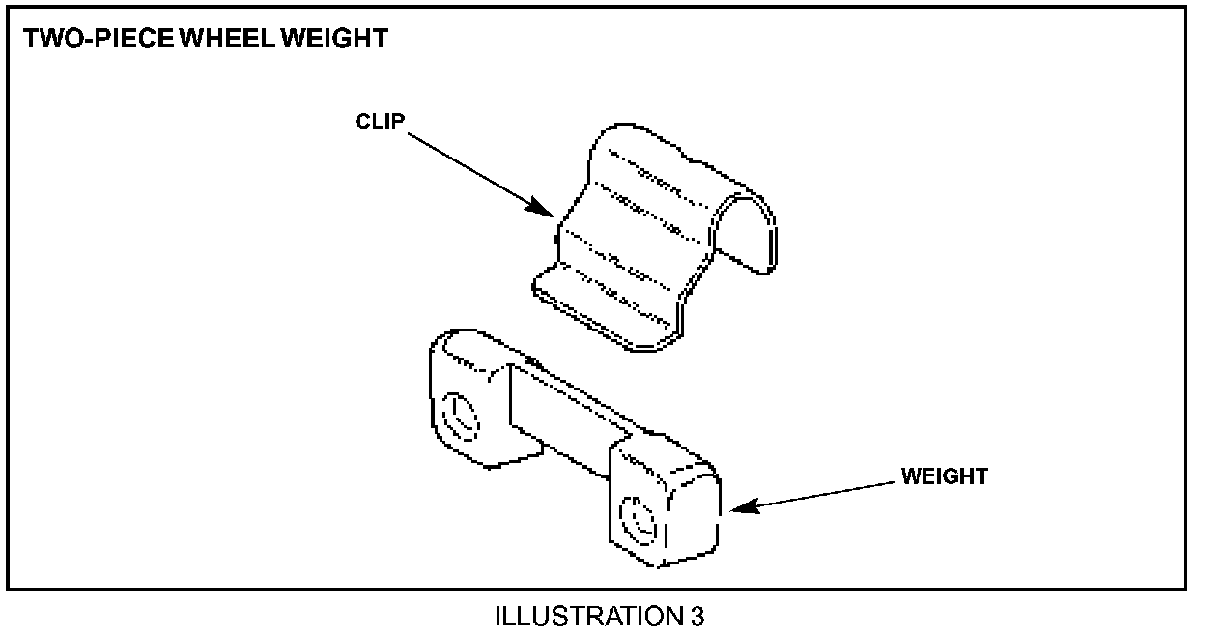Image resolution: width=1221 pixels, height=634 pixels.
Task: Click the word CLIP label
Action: coord(381,122)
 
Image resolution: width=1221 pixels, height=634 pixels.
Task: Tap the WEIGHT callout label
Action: coord(944,476)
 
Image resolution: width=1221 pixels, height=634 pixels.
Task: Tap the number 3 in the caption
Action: coord(697,616)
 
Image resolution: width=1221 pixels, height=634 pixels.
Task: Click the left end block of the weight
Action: coord(469,396)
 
